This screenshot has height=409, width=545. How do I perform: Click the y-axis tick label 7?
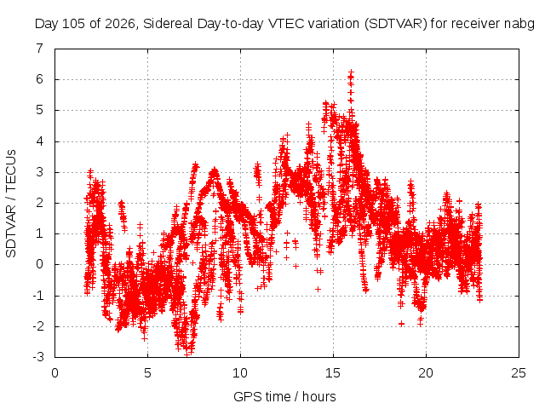[40, 48]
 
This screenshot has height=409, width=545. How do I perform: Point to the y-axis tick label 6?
[40, 79]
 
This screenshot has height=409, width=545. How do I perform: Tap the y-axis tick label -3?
[37, 357]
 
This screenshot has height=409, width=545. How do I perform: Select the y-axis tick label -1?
[37, 296]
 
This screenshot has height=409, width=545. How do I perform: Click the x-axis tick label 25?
[519, 373]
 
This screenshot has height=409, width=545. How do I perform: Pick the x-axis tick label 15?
[333, 373]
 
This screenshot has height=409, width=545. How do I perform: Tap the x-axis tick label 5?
[147, 373]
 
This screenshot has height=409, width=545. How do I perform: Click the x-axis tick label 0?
[54, 373]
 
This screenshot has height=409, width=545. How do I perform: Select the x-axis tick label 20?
[426, 373]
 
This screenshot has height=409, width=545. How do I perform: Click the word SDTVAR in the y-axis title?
[11, 231]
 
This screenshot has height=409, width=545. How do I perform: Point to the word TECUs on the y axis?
[11, 170]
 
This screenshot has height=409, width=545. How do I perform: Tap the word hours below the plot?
[318, 396]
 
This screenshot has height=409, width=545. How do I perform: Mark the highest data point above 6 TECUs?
[351, 72]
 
